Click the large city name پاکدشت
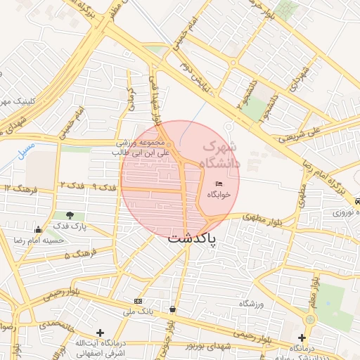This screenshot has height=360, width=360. (x=192, y=239)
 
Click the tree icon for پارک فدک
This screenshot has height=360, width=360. (x=69, y=215)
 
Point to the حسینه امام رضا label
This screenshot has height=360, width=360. (x=39, y=240)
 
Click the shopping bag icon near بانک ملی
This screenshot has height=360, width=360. (x=173, y=309)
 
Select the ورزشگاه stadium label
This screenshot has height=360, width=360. (x=250, y=303)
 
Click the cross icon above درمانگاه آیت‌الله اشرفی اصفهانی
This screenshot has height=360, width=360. (x=100, y=333)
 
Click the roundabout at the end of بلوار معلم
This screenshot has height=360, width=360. (x=307, y=319)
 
